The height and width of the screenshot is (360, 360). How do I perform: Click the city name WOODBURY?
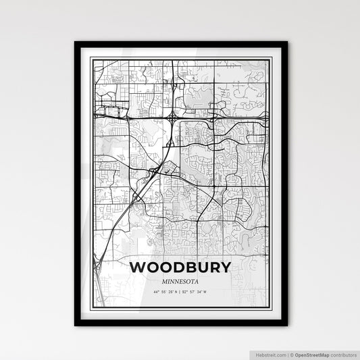tap(180, 267)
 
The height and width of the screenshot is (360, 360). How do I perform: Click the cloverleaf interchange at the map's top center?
tap(174, 118)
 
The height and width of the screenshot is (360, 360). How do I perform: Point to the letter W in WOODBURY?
tap(138, 267)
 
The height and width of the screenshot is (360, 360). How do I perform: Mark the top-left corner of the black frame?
tap(76, 43)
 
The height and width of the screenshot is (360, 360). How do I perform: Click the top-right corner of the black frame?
tap(286, 43)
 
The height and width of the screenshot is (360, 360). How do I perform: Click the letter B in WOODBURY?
tap(187, 267)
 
